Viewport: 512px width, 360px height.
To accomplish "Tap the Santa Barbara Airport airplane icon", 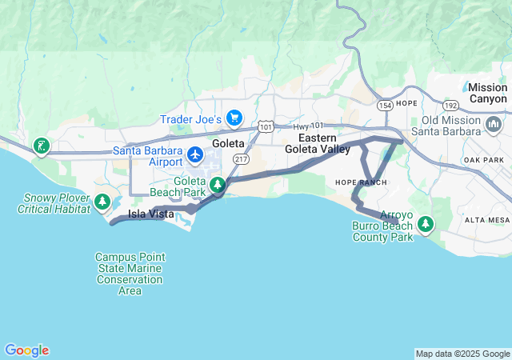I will pos(195,151).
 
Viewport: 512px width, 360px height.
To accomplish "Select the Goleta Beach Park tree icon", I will pos(218,186).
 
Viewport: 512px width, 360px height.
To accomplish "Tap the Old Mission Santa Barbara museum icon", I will pos(494,126).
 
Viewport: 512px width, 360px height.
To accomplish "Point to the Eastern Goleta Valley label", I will pos(318,143).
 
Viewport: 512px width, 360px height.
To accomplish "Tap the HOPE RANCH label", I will pos(361,183).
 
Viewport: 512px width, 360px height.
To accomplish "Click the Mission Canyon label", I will pos(487,93).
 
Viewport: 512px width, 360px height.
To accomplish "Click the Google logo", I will pos(26,350).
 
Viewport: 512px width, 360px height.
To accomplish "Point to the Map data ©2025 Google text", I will pos(462,354).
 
